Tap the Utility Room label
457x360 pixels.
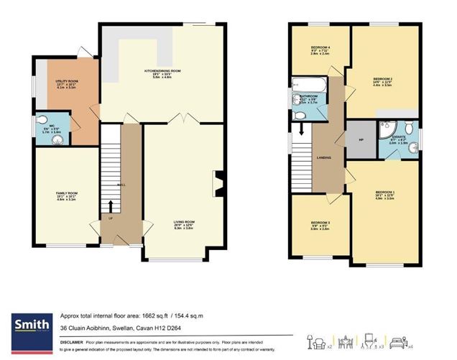click(65, 84)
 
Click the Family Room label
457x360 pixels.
click(66, 194)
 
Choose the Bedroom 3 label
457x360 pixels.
click(319, 223)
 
